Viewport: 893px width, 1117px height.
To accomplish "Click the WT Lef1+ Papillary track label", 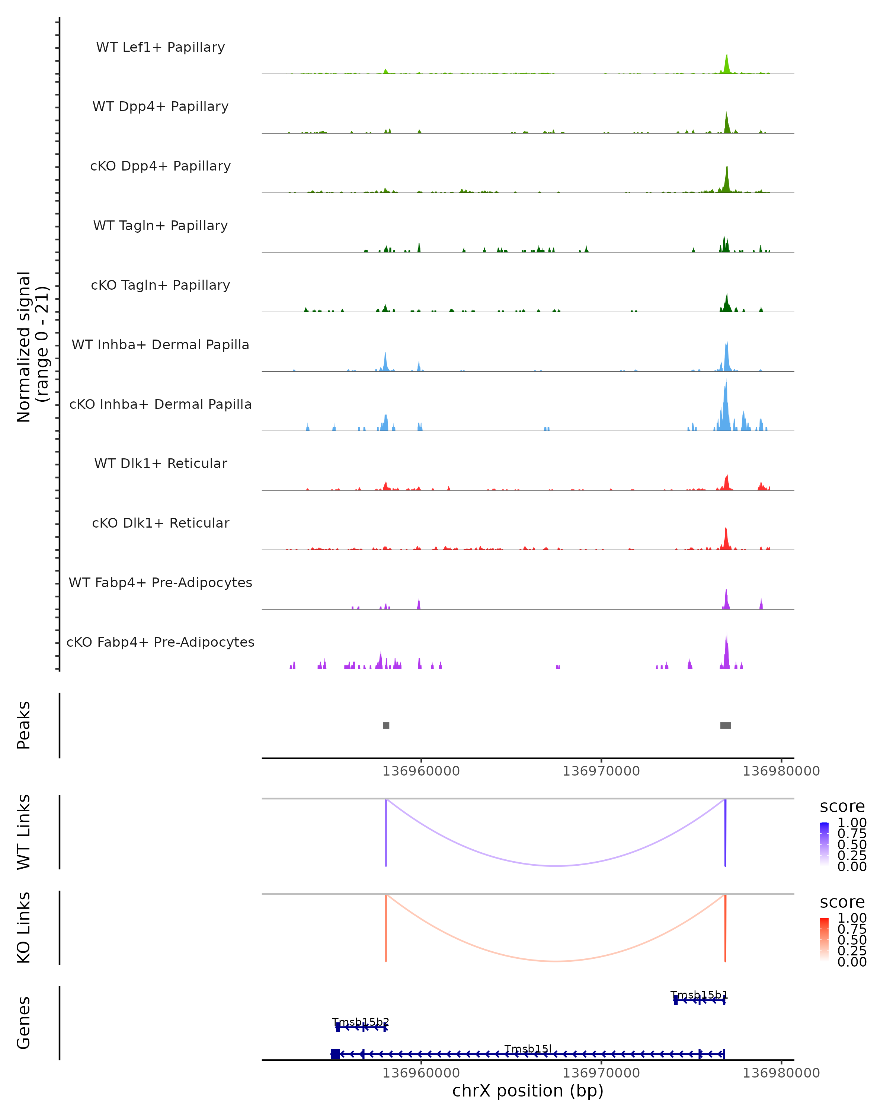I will [160, 47].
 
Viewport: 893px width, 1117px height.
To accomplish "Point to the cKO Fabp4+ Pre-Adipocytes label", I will [160, 642].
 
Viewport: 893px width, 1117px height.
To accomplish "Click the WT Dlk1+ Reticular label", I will [160, 464].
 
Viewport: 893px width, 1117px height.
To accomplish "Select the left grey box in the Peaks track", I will [386, 725].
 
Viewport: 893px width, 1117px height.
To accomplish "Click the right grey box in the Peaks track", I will [725, 725].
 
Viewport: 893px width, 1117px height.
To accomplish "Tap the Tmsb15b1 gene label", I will [699, 995].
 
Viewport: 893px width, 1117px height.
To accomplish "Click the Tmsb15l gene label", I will [528, 1048].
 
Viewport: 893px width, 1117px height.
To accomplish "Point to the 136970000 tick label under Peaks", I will [601, 771].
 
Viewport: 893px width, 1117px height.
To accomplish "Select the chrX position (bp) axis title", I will [528, 1091].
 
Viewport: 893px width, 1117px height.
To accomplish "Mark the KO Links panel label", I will [24, 927].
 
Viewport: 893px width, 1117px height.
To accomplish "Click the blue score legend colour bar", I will [824, 843].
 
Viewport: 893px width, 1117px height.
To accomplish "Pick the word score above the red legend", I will [842, 902].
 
